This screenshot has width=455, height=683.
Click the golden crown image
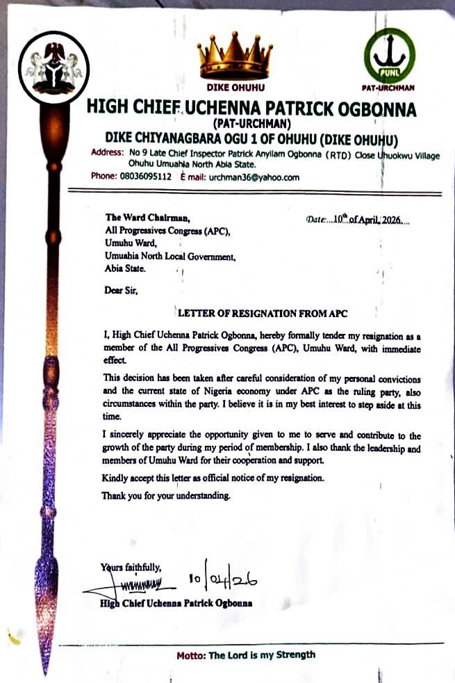(x=232, y=56)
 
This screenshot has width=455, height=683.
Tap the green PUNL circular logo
(x=390, y=55)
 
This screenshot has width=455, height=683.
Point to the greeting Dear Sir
(x=122, y=292)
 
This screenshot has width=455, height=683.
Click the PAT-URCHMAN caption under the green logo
(x=389, y=88)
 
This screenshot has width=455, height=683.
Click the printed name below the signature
(x=176, y=603)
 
